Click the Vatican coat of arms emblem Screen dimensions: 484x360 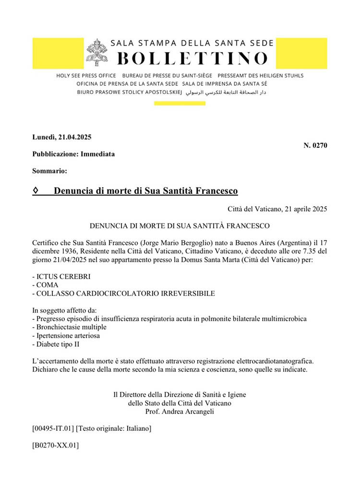point(97,52)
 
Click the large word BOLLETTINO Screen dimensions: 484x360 point(192,58)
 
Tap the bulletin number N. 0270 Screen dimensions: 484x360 point(315,145)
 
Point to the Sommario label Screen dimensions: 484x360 point(49,171)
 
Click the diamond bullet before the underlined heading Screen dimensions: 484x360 point(36,191)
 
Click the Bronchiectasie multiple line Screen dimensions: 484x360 point(69,327)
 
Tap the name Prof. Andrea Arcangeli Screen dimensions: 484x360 point(180,411)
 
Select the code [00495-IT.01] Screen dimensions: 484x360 point(53,428)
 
